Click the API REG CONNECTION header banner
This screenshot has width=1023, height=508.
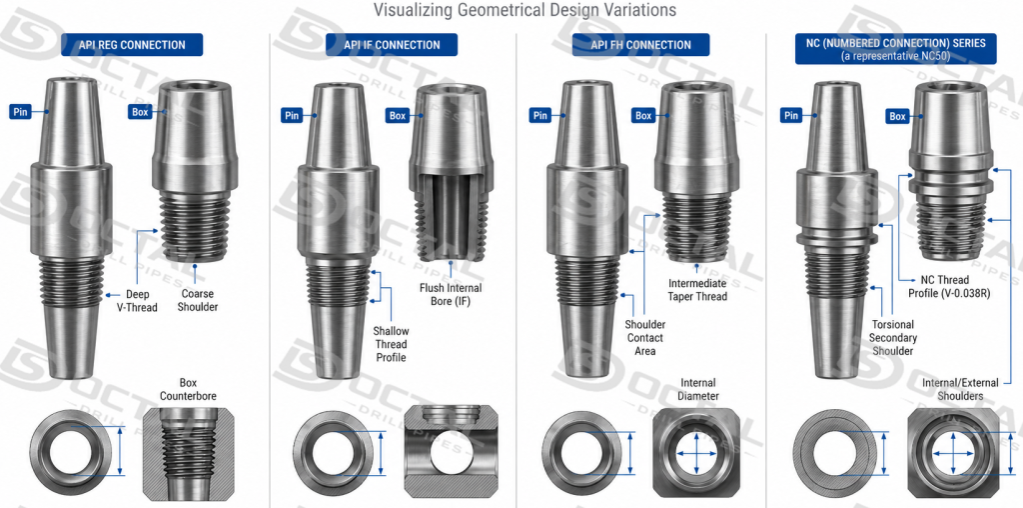[x=132, y=45]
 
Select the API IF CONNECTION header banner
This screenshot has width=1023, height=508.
[x=392, y=45]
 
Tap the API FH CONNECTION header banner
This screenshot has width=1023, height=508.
[x=640, y=45]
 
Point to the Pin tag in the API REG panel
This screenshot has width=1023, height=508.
[x=21, y=112]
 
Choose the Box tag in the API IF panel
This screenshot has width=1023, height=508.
[x=398, y=116]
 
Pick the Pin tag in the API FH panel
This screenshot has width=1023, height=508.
[x=540, y=116]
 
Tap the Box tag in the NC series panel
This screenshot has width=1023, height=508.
[x=898, y=116]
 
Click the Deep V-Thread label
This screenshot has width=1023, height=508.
[x=142, y=300]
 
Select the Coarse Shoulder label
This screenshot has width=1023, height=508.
[x=198, y=300]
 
